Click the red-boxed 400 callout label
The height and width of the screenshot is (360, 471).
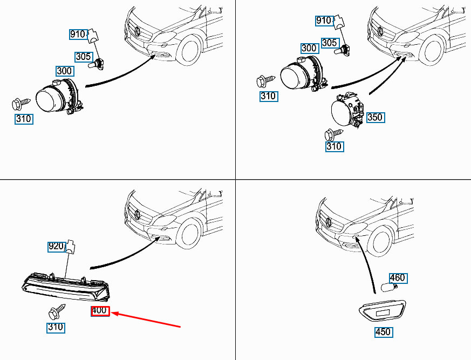(x=100, y=310)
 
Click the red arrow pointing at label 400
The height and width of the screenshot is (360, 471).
(x=146, y=319)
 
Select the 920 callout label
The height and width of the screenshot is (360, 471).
(x=56, y=247)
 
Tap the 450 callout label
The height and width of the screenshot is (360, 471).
(x=383, y=332)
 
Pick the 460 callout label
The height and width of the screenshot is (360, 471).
(x=397, y=279)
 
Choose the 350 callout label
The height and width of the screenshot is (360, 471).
(x=374, y=117)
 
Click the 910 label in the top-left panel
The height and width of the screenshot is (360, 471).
(x=78, y=34)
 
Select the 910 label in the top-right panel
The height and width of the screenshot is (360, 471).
(x=324, y=21)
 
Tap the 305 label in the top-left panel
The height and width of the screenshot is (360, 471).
(x=83, y=56)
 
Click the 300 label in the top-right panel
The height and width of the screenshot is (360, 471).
(x=309, y=48)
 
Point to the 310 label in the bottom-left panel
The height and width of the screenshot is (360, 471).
(x=56, y=327)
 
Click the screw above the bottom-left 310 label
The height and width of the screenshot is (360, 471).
(x=56, y=311)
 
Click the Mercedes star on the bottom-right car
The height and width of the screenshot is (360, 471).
(x=328, y=222)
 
